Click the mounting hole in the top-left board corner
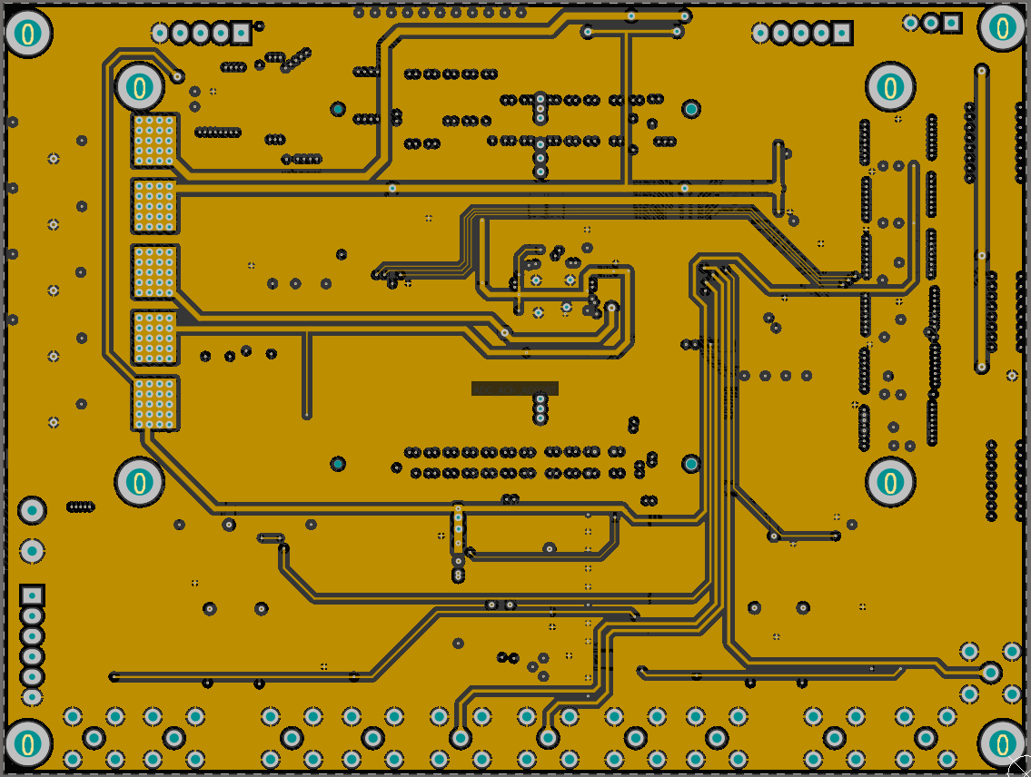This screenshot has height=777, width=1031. [28, 34]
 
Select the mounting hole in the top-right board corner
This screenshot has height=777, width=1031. [1002, 28]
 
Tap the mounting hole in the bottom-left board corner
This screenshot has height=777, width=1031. [28, 743]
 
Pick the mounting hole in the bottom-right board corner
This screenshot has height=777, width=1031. [1002, 743]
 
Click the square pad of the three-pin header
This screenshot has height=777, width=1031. [951, 23]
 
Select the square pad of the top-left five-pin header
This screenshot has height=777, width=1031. [241, 34]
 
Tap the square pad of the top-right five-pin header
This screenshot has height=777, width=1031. [842, 34]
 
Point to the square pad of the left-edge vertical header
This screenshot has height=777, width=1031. [32, 595]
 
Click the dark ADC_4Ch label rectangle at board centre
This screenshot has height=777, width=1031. [514, 388]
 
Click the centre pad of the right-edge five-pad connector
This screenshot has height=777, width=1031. [991, 673]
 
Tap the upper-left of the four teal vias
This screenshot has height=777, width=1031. [338, 109]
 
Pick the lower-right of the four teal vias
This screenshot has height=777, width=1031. [691, 464]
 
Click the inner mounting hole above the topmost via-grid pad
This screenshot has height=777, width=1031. [139, 87]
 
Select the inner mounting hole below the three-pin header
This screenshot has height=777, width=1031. [890, 87]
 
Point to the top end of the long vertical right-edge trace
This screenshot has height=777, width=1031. [981, 70]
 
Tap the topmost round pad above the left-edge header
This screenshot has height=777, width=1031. [32, 510]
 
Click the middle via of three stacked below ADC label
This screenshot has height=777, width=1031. [540, 408]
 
